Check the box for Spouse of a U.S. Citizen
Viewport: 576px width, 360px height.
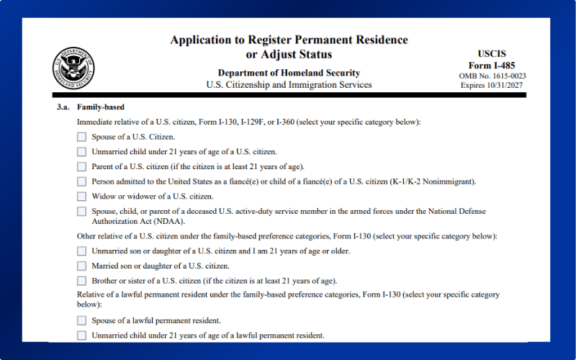(x=81, y=136)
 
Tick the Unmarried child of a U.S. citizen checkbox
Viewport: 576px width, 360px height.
(x=81, y=151)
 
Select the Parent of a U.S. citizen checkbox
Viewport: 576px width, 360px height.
(x=81, y=166)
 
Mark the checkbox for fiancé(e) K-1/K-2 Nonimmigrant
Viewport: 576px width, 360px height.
(x=81, y=181)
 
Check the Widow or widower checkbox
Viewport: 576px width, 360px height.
(x=81, y=196)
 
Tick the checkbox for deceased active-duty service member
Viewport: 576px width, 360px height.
(x=81, y=212)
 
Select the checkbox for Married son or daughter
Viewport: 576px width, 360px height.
(x=81, y=266)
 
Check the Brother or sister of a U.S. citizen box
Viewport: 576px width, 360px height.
(x=81, y=281)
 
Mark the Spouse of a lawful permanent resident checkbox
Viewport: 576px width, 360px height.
(x=81, y=320)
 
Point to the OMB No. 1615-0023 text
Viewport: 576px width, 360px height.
(x=492, y=76)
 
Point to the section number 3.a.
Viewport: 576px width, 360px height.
(x=63, y=107)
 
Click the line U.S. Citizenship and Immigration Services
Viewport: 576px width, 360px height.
(x=289, y=85)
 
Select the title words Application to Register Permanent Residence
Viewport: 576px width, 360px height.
(x=289, y=40)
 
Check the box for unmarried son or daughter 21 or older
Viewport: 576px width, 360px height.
(x=81, y=251)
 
